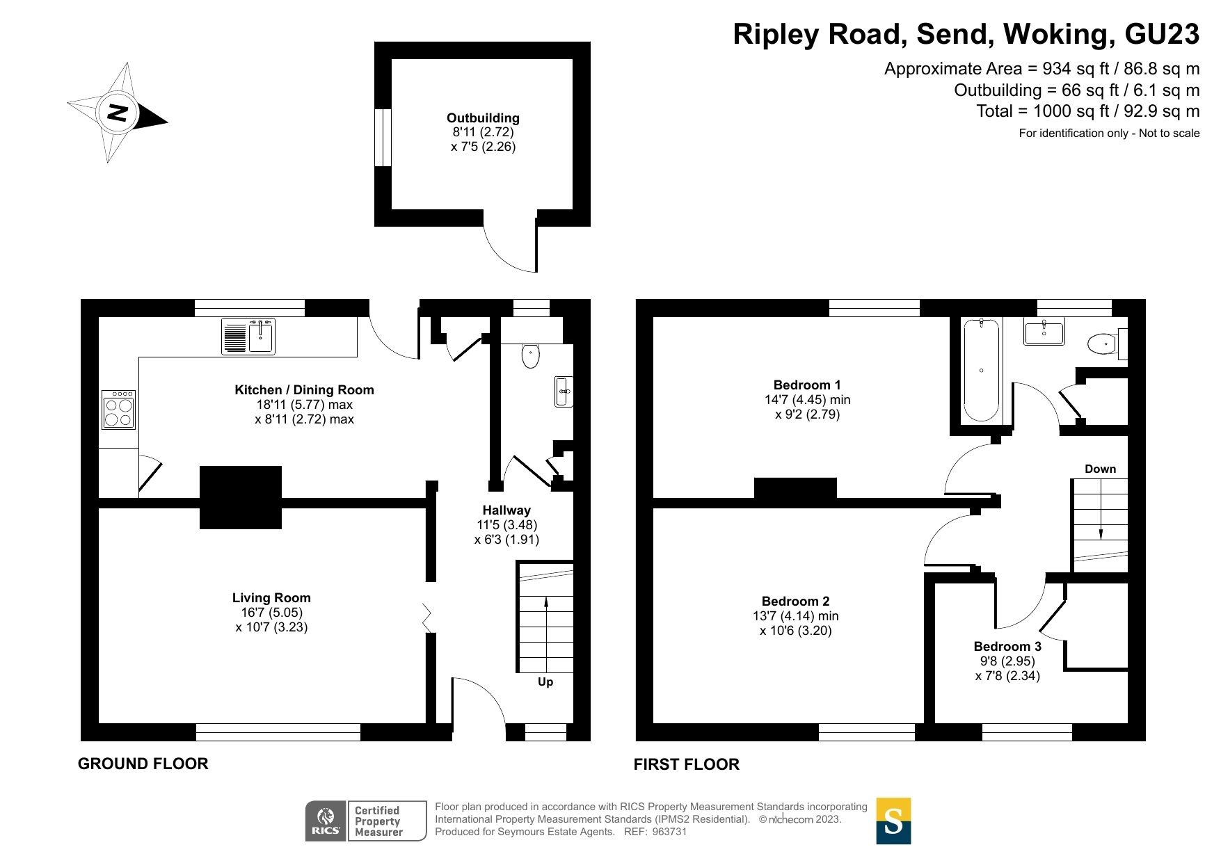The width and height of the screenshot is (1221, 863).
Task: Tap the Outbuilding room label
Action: click(x=483, y=118)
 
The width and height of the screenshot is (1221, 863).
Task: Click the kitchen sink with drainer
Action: click(x=248, y=337)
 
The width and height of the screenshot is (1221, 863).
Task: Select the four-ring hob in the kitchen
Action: click(x=118, y=410)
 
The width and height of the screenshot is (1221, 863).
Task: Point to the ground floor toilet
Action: click(x=530, y=355)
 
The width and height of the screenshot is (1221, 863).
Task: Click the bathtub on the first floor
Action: click(x=981, y=370)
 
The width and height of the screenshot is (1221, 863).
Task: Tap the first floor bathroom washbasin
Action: click(x=1044, y=332)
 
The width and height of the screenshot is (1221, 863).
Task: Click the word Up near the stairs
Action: click(x=545, y=681)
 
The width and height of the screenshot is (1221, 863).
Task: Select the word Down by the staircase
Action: click(x=1100, y=469)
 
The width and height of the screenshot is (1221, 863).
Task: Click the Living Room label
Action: click(x=271, y=597)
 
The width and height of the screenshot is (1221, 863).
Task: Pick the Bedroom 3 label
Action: click(x=1007, y=646)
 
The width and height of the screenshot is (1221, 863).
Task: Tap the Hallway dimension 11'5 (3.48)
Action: click(x=506, y=525)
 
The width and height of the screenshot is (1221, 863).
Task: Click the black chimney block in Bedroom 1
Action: click(x=795, y=488)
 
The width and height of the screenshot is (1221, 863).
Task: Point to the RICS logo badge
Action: click(x=326, y=821)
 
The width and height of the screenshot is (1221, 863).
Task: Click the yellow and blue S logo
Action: click(x=893, y=821)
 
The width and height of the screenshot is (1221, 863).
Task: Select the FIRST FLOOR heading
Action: click(x=686, y=764)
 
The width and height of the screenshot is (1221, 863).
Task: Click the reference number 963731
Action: click(x=669, y=832)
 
